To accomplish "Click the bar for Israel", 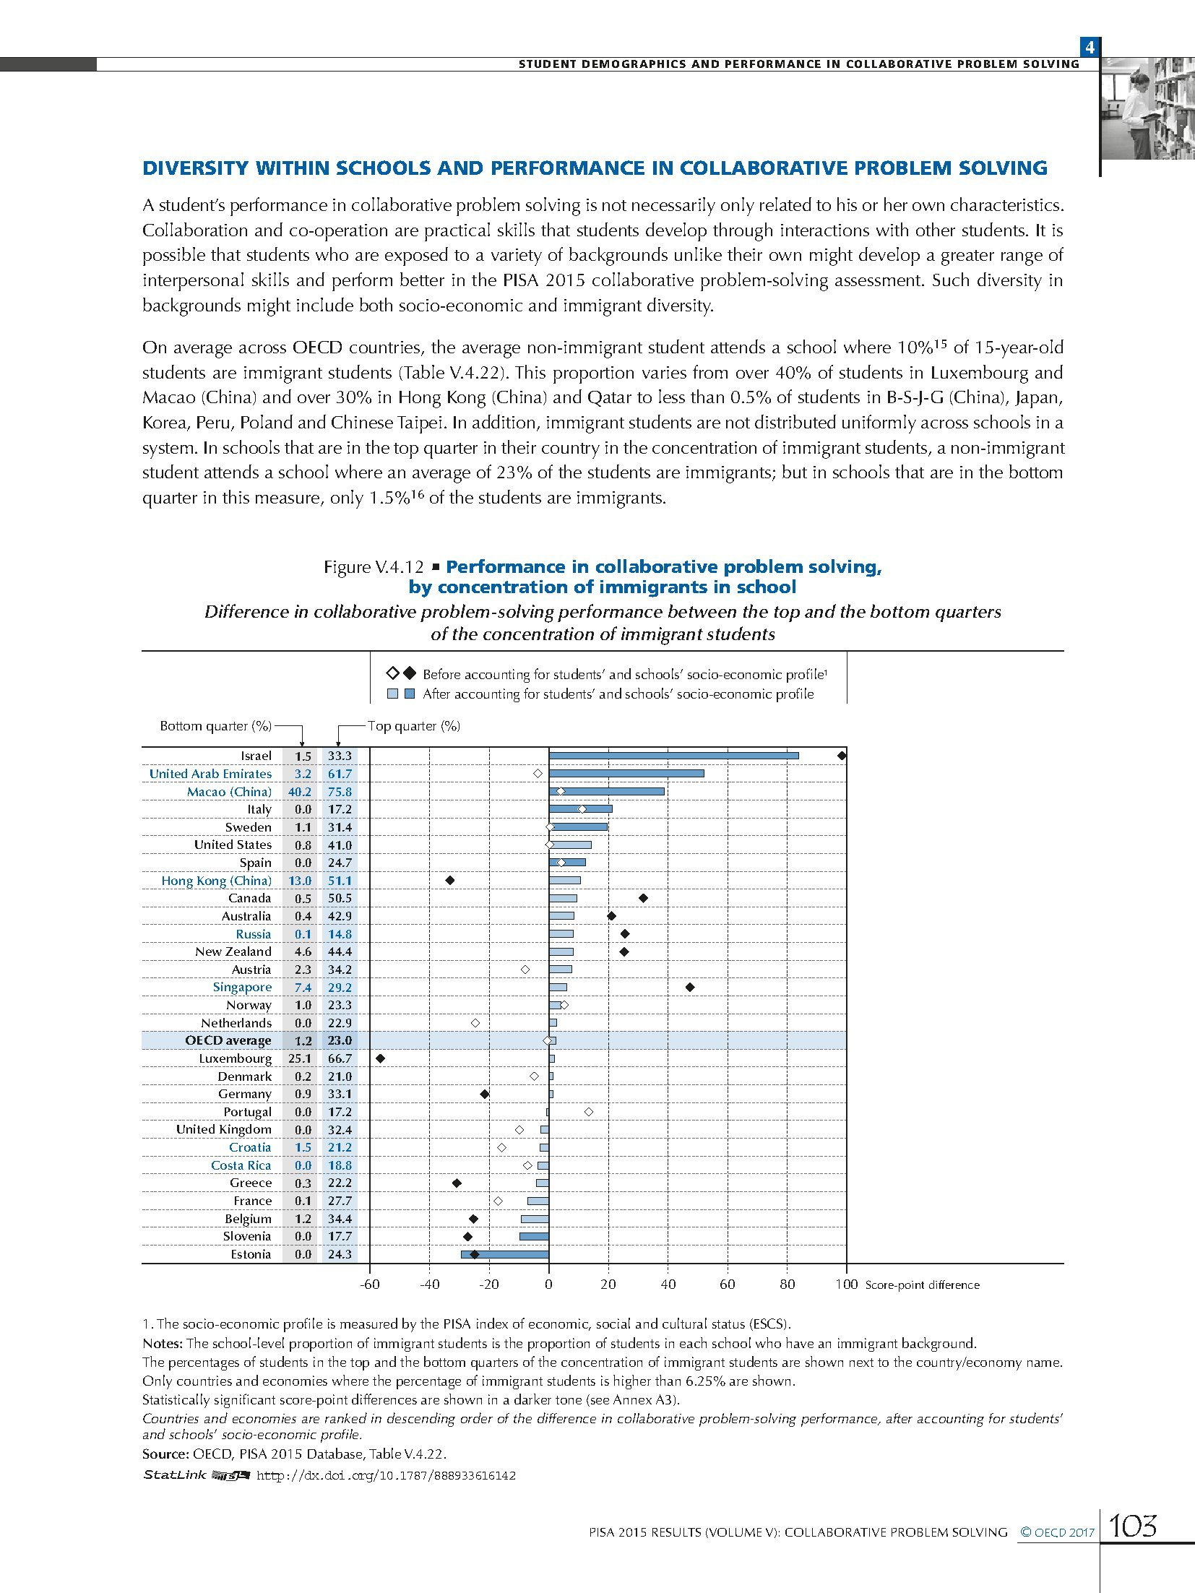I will (x=673, y=756).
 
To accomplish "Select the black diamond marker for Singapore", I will (x=690, y=987).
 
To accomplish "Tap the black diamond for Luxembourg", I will (x=381, y=1058).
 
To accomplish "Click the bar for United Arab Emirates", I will (x=626, y=774).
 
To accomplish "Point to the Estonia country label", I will (x=251, y=1254).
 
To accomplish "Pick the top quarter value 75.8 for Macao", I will (x=340, y=792).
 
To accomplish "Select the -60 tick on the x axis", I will (x=370, y=1284).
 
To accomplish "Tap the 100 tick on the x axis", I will (x=846, y=1284).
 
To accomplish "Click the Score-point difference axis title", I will (x=922, y=1285).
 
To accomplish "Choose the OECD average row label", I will (x=228, y=1040).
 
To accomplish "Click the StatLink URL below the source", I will (x=386, y=1475).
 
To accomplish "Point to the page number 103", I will (x=1133, y=1526).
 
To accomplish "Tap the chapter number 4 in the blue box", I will (x=1090, y=48).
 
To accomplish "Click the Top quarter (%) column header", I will (x=413, y=726).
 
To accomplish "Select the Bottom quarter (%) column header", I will (x=216, y=726).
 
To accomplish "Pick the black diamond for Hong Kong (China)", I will (x=449, y=881).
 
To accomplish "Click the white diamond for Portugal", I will (x=589, y=1112).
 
